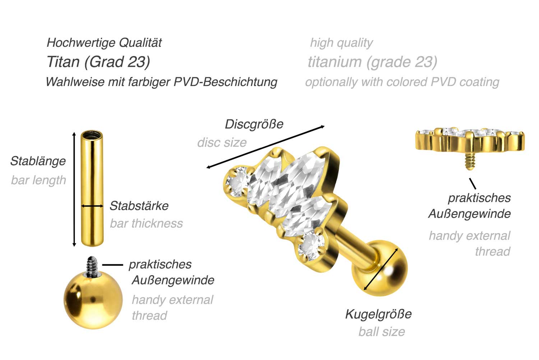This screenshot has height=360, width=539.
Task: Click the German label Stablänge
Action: pyautogui.click(x=38, y=161)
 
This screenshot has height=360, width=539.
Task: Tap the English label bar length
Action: pyautogui.click(x=38, y=180)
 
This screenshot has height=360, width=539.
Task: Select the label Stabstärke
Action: pyautogui.click(x=139, y=206)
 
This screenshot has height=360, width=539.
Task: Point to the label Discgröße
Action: pyautogui.click(x=254, y=124)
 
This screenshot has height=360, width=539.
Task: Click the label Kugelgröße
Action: pyautogui.click(x=378, y=314)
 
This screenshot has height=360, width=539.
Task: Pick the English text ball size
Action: pyautogui.click(x=382, y=331)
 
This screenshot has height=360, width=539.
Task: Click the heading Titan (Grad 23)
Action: pyautogui.click(x=98, y=62)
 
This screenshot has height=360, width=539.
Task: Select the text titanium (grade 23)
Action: pyautogui.click(x=372, y=62)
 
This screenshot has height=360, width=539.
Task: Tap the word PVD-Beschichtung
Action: pyautogui.click(x=225, y=82)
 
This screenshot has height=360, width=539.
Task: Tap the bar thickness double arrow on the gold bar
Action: pyautogui.click(x=92, y=206)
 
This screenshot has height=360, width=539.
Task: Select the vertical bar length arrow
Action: pyautogui.click(x=74, y=189)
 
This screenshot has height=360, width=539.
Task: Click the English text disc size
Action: pyautogui.click(x=222, y=142)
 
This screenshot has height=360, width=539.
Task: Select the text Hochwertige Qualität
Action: pyautogui.click(x=104, y=43)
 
